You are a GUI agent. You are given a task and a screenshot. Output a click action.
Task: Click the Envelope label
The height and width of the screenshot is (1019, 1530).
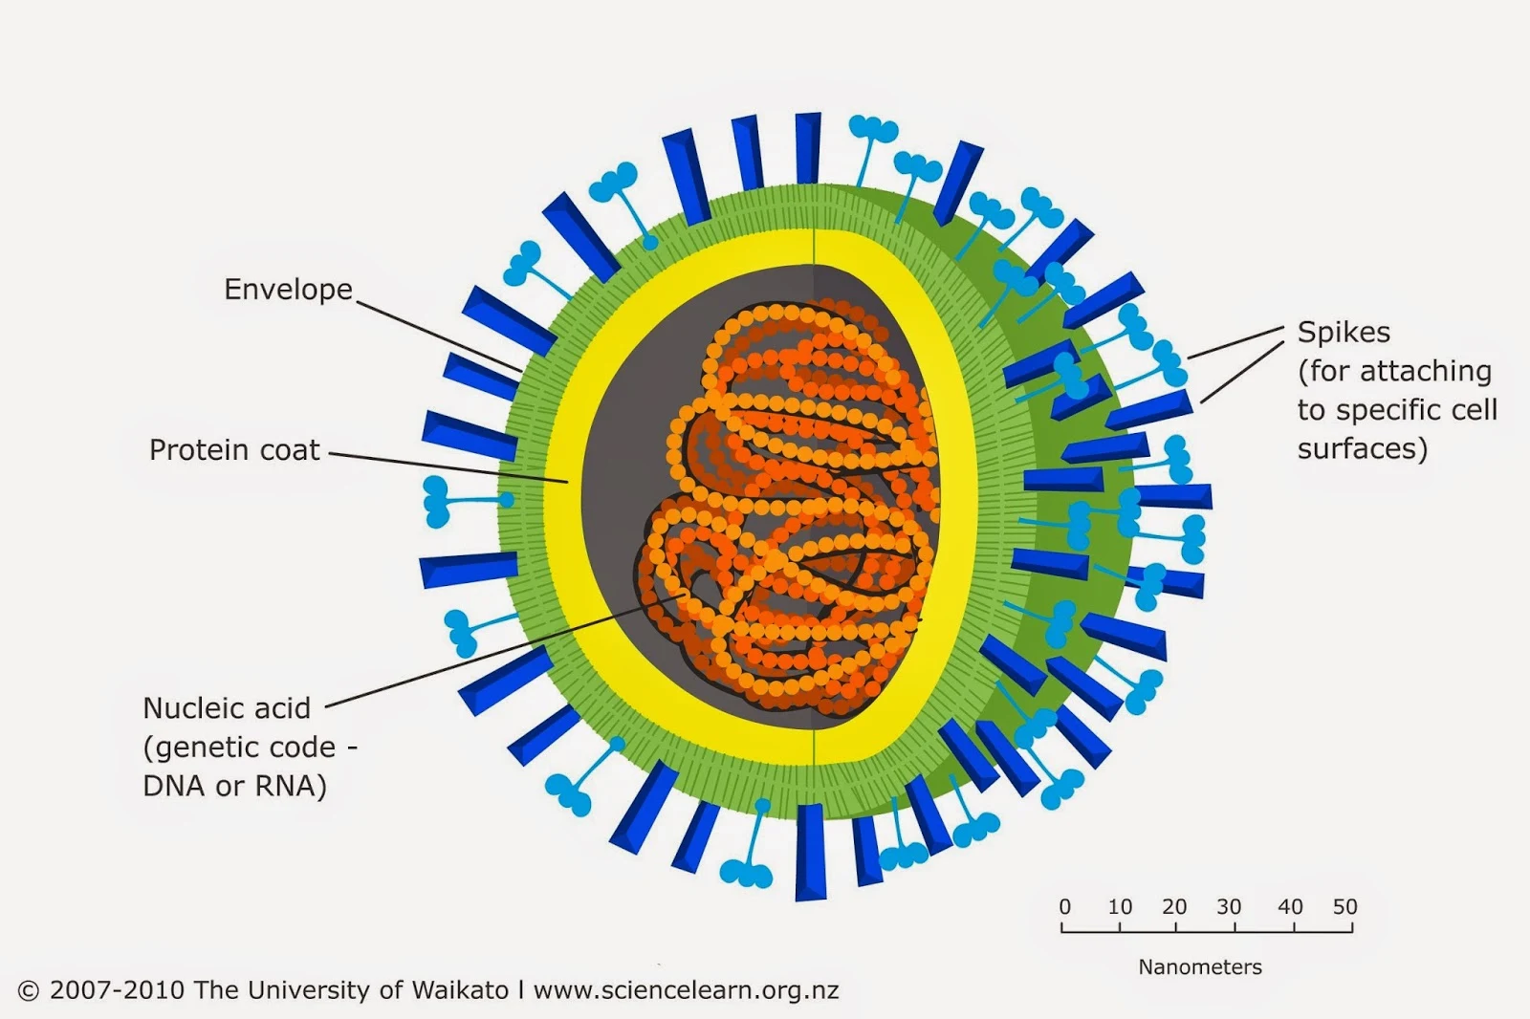pyautogui.click(x=288, y=290)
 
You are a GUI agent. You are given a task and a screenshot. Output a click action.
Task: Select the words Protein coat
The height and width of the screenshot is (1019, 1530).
pyautogui.click(x=234, y=450)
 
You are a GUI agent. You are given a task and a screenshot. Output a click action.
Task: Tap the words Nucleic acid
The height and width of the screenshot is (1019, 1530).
pyautogui.click(x=227, y=708)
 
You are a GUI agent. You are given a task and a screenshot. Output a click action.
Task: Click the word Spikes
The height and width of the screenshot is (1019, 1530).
pyautogui.click(x=1344, y=333)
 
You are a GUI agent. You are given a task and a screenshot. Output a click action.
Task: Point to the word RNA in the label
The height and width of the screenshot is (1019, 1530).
pyautogui.click(x=286, y=786)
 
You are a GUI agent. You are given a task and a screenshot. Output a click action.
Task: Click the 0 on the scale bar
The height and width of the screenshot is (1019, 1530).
pyautogui.click(x=1064, y=907)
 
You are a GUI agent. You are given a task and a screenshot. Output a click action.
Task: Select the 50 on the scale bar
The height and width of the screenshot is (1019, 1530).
pyautogui.click(x=1344, y=907)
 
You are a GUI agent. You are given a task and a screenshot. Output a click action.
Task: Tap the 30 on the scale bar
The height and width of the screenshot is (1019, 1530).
pyautogui.click(x=1229, y=907)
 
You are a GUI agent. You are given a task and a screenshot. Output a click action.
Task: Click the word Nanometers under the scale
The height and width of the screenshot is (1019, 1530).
pyautogui.click(x=1199, y=967)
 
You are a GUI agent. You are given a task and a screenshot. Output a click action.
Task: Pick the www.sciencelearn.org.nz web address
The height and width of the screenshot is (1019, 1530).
pyautogui.click(x=686, y=990)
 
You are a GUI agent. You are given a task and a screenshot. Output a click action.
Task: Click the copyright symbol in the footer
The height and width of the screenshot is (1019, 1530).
pyautogui.click(x=29, y=991)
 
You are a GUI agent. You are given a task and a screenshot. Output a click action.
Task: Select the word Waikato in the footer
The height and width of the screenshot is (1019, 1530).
pyautogui.click(x=460, y=990)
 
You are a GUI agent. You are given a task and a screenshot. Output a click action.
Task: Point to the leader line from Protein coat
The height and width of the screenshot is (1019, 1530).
pyautogui.click(x=449, y=467)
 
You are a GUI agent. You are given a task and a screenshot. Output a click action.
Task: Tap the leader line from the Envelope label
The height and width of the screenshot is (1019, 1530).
pyautogui.click(x=440, y=334)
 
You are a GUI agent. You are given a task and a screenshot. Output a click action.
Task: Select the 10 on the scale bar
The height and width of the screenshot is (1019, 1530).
pyautogui.click(x=1120, y=907)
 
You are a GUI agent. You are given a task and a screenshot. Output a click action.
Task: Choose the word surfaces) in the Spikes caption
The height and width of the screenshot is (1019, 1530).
pyautogui.click(x=1362, y=449)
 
